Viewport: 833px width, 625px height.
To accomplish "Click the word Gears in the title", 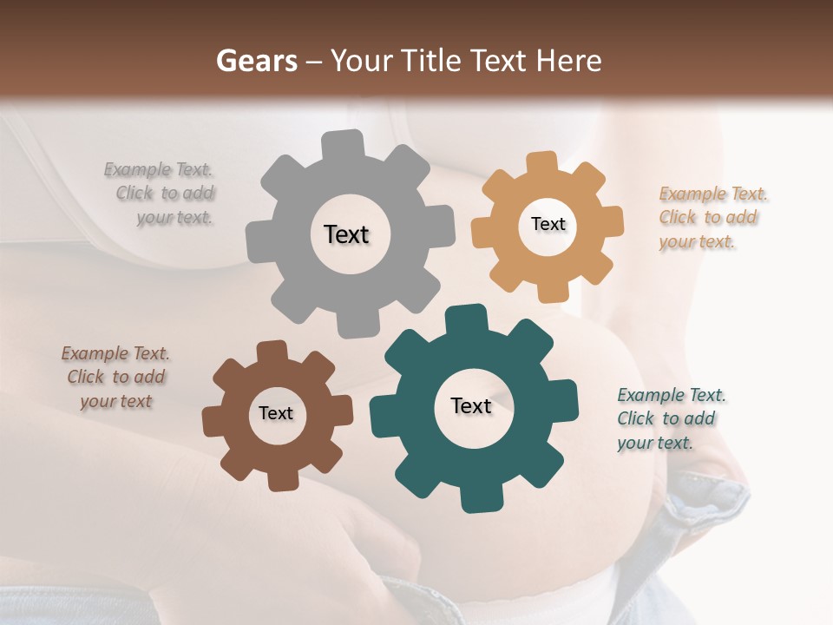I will [x=256, y=61].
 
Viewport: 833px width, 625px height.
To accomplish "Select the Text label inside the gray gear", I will [x=346, y=234].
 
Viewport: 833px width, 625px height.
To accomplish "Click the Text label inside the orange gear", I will [x=548, y=224].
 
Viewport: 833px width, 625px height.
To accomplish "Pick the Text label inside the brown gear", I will [x=276, y=413].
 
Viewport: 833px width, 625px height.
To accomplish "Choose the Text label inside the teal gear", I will [x=471, y=405].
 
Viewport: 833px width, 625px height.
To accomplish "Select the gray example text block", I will [x=165, y=194].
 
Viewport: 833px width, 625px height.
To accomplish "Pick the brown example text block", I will [x=116, y=378].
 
